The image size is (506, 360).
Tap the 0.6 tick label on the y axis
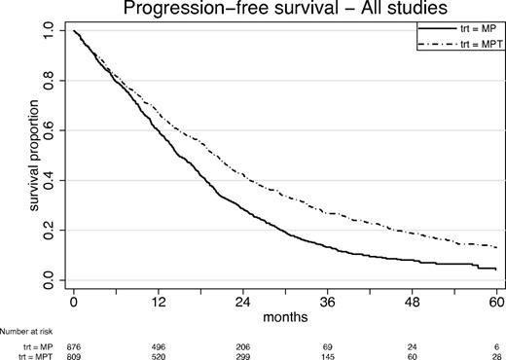[x=50, y=129]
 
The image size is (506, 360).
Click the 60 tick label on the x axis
[x=497, y=302]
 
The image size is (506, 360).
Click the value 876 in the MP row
[x=73, y=344]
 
